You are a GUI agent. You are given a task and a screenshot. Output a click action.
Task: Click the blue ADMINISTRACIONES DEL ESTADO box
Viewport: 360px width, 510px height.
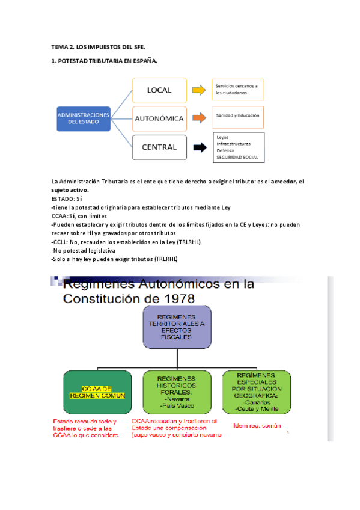click(84, 117)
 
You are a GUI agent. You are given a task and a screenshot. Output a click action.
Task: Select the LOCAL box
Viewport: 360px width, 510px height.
click(159, 90)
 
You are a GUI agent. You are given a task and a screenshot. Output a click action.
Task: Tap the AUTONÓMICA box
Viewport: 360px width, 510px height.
click(159, 118)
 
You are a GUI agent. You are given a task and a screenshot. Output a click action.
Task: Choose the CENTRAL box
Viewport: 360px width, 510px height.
click(159, 147)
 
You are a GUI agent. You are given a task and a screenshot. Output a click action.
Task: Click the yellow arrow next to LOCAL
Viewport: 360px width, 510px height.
click(198, 91)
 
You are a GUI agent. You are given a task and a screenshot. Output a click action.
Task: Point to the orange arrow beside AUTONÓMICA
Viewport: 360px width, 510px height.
click(198, 118)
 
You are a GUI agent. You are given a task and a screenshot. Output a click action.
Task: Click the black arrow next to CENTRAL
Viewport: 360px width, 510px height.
click(198, 147)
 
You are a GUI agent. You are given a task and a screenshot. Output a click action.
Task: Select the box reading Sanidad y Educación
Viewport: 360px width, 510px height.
click(237, 114)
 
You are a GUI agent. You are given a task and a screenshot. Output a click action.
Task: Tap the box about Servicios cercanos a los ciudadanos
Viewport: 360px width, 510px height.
click(237, 90)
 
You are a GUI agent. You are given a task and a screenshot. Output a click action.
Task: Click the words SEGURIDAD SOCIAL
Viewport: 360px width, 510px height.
click(237, 157)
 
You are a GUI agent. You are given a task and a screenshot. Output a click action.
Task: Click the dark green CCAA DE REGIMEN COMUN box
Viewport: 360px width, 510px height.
click(97, 392)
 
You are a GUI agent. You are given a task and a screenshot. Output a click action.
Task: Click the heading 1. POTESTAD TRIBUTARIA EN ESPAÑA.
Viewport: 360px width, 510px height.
click(105, 61)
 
